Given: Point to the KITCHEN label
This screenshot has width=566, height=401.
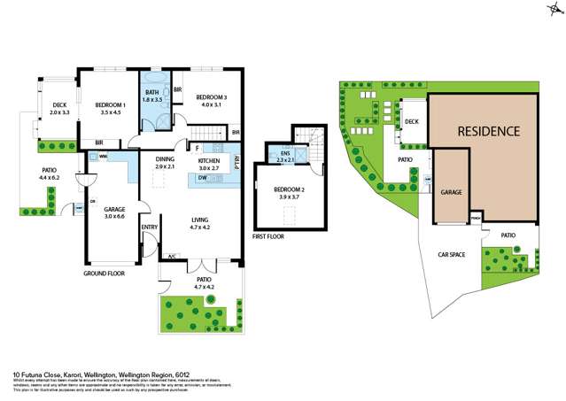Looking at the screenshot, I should coord(209,160).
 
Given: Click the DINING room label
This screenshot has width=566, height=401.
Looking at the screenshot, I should coord(166,160).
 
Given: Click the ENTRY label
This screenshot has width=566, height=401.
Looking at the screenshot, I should coord(150,227).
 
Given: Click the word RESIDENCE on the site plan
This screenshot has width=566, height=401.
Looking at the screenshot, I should coord(488,131).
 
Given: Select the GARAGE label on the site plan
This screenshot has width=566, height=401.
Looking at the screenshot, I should coord(453,191).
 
